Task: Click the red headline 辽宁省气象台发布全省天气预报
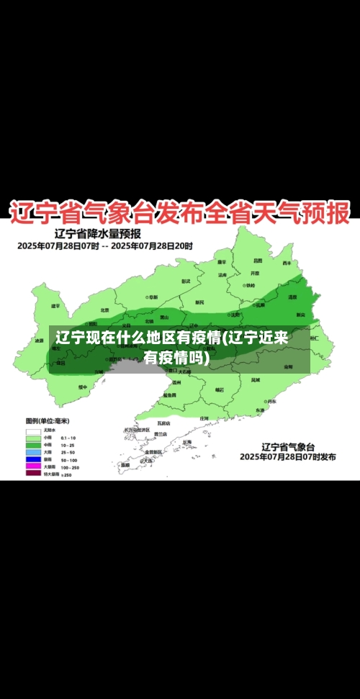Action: tap(179, 212)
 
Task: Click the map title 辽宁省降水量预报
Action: tap(98, 234)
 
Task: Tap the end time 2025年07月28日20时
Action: tap(153, 245)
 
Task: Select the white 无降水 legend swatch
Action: tap(33, 430)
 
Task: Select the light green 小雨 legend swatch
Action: tap(33, 438)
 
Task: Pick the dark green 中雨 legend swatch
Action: tap(33, 445)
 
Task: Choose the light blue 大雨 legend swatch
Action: tap(33, 452)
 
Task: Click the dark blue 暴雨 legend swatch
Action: tap(33, 459)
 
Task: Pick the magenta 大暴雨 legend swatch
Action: tap(33, 466)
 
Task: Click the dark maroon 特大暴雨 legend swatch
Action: tap(33, 474)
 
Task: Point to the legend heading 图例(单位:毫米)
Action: tap(48, 421)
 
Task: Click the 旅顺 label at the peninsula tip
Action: tap(125, 465)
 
